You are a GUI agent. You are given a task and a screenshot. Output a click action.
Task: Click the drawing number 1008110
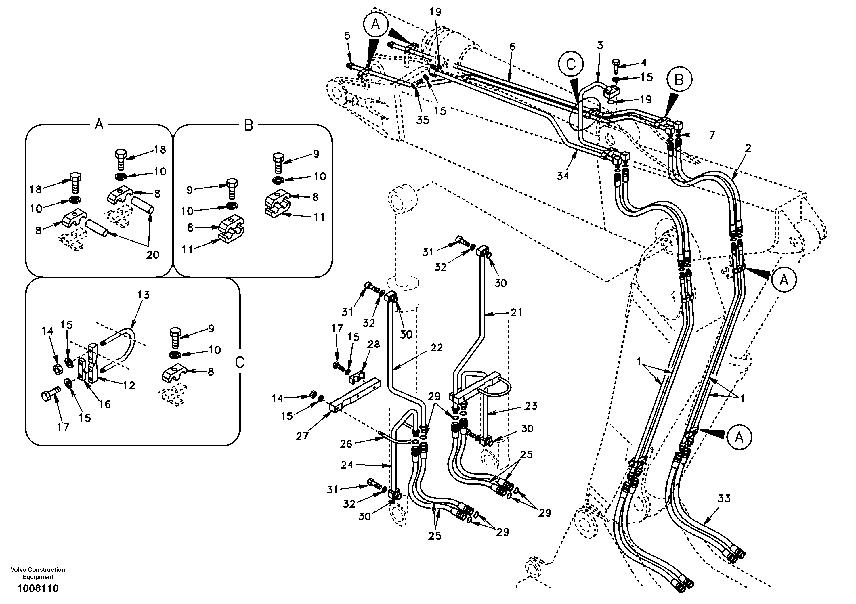tap(38, 589)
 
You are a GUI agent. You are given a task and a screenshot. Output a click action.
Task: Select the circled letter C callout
tap(571, 64)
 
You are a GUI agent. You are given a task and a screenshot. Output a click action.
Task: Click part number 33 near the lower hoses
tap(724, 498)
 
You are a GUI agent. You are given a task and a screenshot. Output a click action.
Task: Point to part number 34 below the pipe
tap(562, 176)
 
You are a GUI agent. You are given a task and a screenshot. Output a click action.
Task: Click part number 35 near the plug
tap(423, 120)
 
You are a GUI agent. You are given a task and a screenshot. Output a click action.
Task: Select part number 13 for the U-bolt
tap(143, 295)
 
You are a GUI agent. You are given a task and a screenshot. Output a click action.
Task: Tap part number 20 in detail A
tap(152, 254)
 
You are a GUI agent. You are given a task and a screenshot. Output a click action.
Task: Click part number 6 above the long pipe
tap(512, 47)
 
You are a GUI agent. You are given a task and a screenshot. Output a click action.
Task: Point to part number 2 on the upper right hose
tap(748, 148)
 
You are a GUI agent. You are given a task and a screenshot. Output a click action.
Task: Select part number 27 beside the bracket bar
tap(302, 435)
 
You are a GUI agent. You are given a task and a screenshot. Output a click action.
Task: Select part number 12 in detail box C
tap(129, 385)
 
